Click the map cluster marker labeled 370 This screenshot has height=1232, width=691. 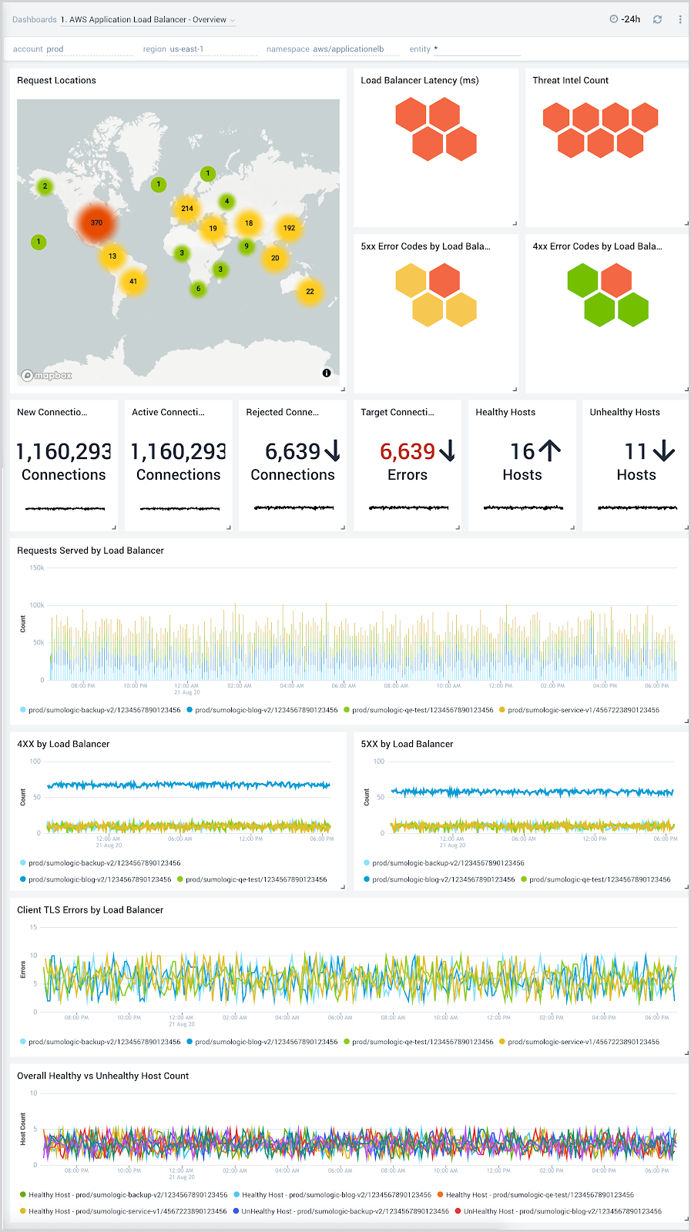[96, 223]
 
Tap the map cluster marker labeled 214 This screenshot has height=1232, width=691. [187, 209]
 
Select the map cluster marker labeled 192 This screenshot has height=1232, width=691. [289, 228]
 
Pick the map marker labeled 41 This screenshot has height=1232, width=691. [133, 281]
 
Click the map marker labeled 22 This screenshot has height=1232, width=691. [310, 292]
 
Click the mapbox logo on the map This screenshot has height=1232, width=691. [47, 376]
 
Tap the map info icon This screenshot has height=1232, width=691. [327, 373]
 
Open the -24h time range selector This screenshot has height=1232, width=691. [625, 19]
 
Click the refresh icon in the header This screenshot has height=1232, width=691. [657, 19]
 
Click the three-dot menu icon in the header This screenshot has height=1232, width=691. [680, 19]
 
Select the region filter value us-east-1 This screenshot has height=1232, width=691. [186, 49]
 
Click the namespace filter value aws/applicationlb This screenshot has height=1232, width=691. [348, 49]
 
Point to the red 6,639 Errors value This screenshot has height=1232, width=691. [408, 451]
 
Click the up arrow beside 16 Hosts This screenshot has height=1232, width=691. [549, 450]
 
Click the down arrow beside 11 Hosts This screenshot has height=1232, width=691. [663, 451]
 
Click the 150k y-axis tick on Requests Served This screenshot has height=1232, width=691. [36, 568]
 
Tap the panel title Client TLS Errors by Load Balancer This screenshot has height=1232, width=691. [90, 910]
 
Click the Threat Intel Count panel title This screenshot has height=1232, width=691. [570, 80]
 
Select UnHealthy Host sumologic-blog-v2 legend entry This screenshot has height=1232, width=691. [562, 1211]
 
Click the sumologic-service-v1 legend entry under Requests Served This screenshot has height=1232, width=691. [582, 710]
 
